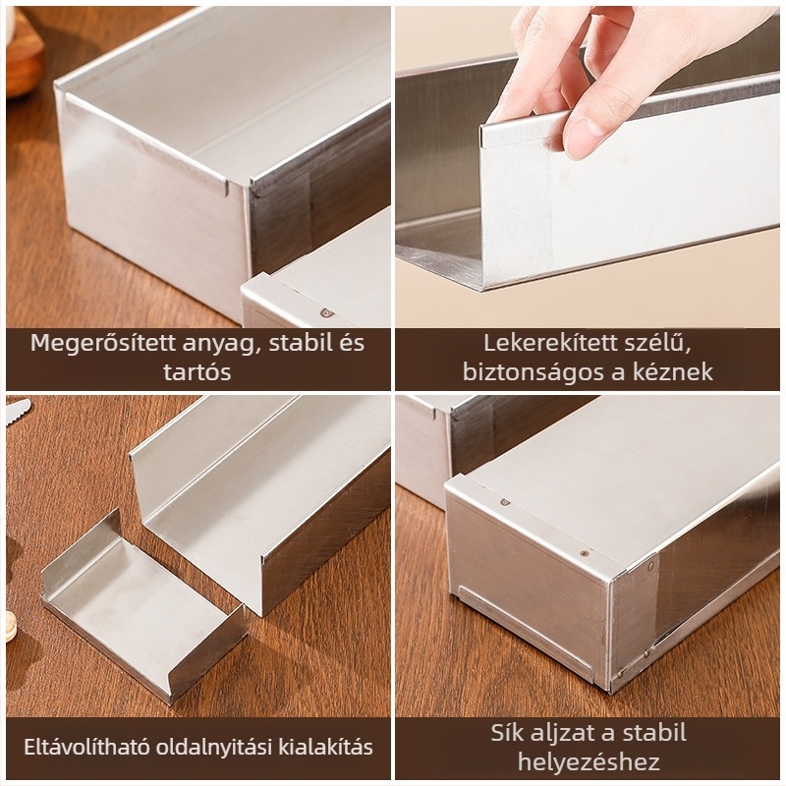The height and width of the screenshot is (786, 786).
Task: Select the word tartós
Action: pyautogui.click(x=197, y=372)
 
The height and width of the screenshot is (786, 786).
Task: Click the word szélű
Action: pyautogui.click(x=658, y=344)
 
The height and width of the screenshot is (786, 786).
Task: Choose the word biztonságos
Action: pyautogui.click(x=533, y=372)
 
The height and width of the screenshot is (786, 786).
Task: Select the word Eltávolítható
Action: pyautogui.click(x=86, y=747)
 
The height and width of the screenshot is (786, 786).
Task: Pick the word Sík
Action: pyautogui.click(x=507, y=733)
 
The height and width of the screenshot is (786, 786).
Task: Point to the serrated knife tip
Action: pyautogui.click(x=19, y=406)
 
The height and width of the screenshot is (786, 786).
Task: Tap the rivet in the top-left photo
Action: pyautogui.click(x=327, y=313)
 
